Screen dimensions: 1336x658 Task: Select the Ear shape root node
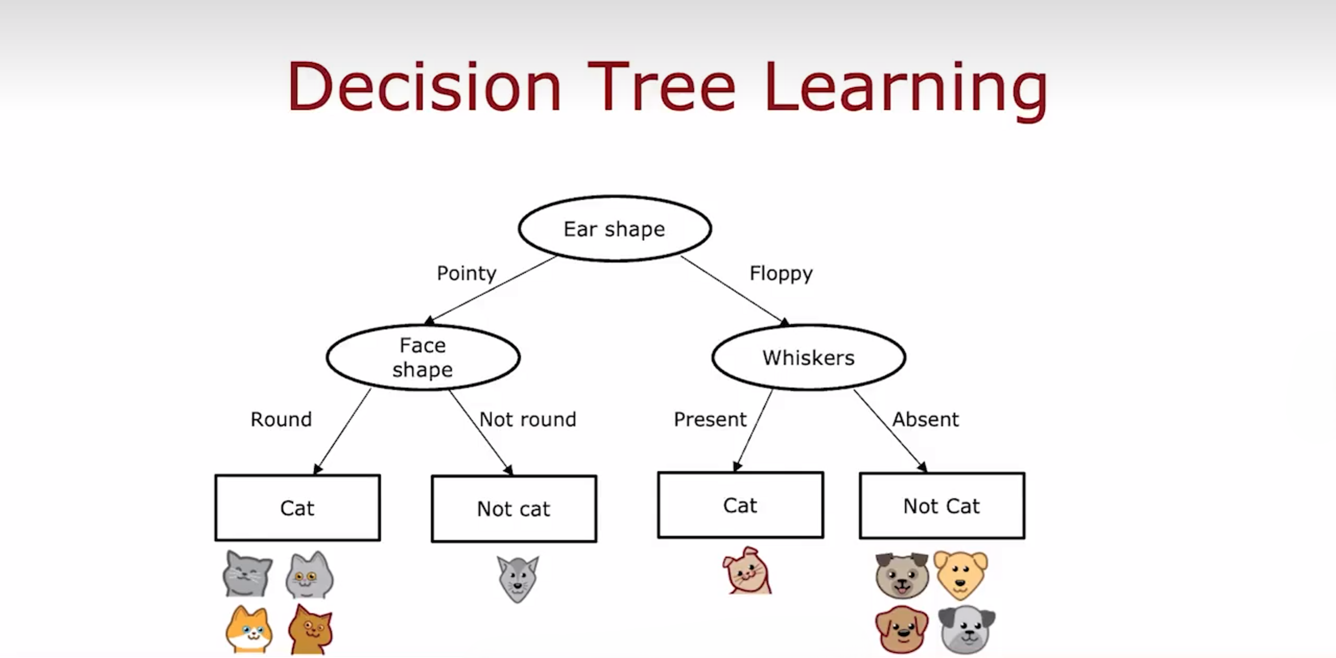(x=615, y=229)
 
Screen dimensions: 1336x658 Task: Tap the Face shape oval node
(x=423, y=357)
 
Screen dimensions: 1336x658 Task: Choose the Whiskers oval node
(x=809, y=357)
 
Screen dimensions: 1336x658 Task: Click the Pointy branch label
(x=467, y=273)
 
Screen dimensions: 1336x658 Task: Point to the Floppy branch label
(x=781, y=273)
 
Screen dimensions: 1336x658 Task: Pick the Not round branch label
(x=528, y=420)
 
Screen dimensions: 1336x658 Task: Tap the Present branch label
(x=710, y=420)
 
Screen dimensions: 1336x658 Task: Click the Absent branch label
(x=925, y=420)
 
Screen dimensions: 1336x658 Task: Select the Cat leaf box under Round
(x=297, y=508)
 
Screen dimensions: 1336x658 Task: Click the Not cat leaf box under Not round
(x=514, y=509)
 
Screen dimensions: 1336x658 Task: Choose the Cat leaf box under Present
(x=741, y=505)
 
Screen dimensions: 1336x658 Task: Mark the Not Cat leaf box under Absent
(x=942, y=506)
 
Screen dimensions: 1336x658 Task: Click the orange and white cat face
(x=249, y=629)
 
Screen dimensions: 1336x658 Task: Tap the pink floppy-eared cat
(x=747, y=570)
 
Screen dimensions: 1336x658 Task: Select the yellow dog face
(x=961, y=575)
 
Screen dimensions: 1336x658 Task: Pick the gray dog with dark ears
(x=967, y=629)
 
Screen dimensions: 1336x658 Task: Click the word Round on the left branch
(x=281, y=420)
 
